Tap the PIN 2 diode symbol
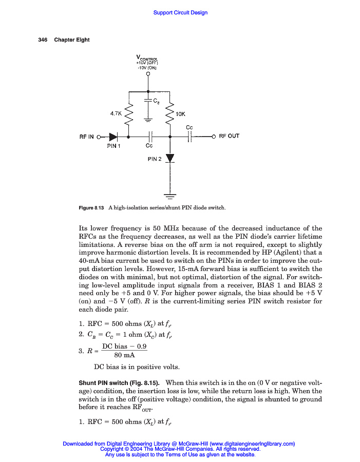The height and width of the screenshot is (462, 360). coord(170,159)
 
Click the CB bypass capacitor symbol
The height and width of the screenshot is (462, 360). coord(148,101)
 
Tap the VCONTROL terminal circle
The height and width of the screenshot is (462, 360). coord(148,74)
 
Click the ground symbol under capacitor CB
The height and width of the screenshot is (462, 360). coord(148,120)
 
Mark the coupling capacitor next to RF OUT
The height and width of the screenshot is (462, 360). coord(190,137)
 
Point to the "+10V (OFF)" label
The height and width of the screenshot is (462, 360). coord(146,63)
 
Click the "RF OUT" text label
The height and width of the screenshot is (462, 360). coord(229,136)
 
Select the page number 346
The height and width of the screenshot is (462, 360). coord(43,40)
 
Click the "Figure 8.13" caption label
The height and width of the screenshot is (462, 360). coord(91,208)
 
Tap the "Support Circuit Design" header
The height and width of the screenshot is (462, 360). coord(180,12)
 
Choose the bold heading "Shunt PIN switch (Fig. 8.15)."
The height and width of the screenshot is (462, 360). coord(119,383)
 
